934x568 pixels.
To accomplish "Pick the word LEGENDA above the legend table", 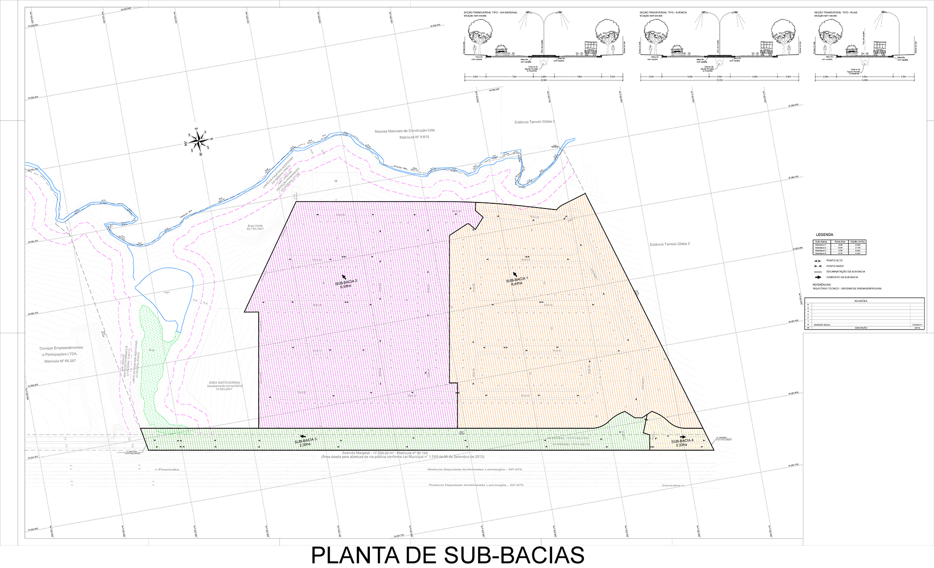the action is pyautogui.click(x=824, y=235).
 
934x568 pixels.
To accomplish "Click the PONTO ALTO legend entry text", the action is pyautogui.click(x=835, y=260).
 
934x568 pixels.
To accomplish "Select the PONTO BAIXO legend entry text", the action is pyautogui.click(x=835, y=266).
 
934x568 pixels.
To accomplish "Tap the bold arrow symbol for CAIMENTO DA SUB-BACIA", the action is pyautogui.click(x=818, y=277).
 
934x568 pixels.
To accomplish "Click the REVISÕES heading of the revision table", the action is pyautogui.click(x=861, y=301).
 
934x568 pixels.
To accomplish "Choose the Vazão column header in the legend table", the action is pyautogui.click(x=857, y=242).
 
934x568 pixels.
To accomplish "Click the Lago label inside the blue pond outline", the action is pyautogui.click(x=167, y=292).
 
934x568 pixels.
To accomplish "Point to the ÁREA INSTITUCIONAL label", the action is pyautogui.click(x=224, y=383).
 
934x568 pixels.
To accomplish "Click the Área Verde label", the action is pyautogui.click(x=255, y=226).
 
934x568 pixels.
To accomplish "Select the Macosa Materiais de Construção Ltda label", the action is pyautogui.click(x=404, y=131).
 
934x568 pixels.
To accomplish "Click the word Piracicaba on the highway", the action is pyautogui.click(x=167, y=469).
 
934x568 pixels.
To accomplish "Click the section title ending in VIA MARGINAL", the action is pyautogui.click(x=490, y=13).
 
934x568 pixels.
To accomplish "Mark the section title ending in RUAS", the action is pyautogui.click(x=835, y=13).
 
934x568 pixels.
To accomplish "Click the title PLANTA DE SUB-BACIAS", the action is pyautogui.click(x=447, y=555).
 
